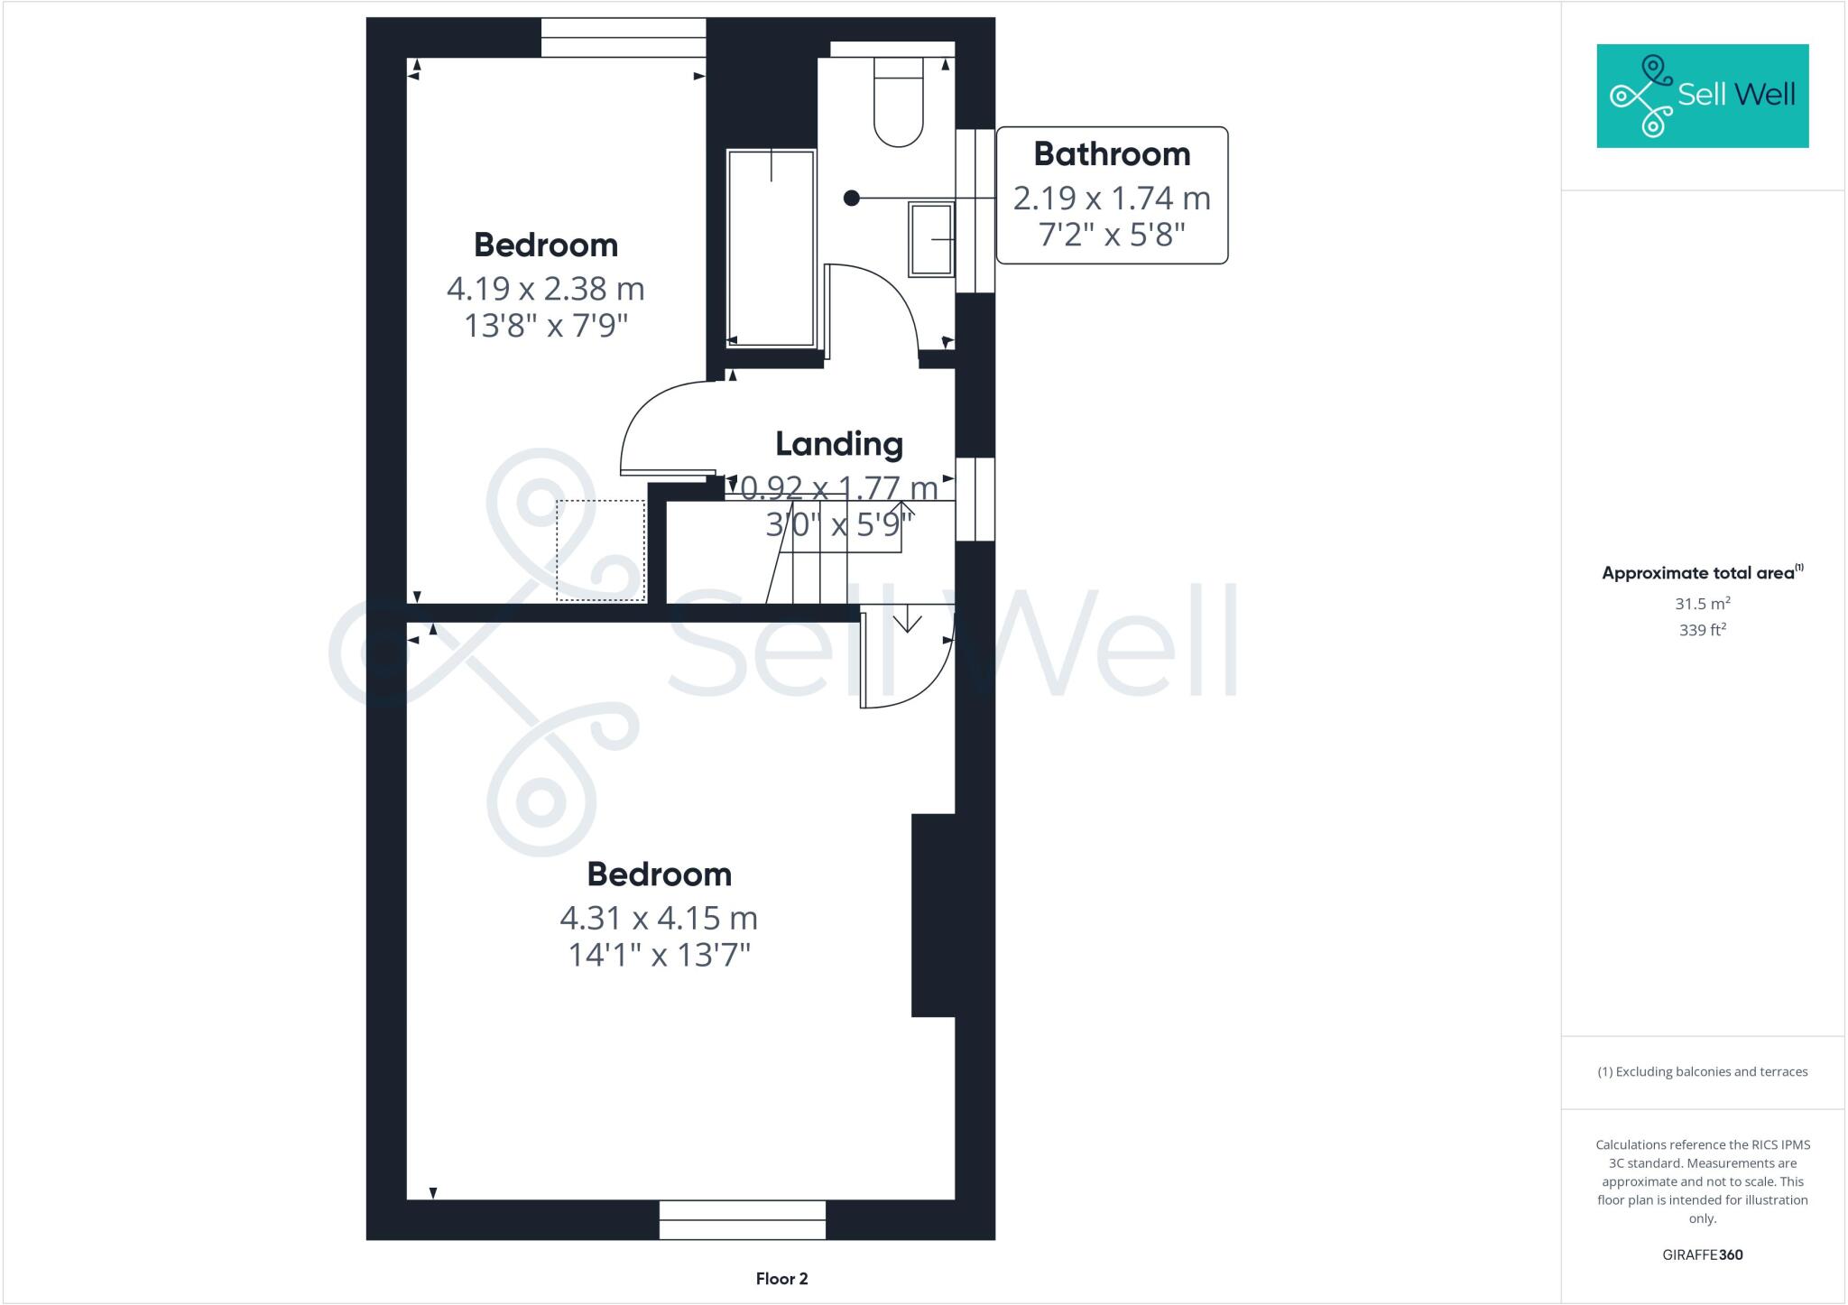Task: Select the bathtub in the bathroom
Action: click(x=771, y=248)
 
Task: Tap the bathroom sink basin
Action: click(x=931, y=239)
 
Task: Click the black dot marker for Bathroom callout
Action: click(x=851, y=199)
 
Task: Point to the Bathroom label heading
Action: click(x=1112, y=154)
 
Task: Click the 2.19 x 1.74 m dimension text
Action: click(x=1112, y=198)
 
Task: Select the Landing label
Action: click(x=839, y=444)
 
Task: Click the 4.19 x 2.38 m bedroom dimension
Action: click(x=545, y=289)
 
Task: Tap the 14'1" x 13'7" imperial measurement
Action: click(x=659, y=955)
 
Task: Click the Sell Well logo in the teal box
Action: click(x=1703, y=96)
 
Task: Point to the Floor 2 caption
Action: click(x=781, y=1279)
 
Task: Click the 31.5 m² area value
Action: click(x=1702, y=604)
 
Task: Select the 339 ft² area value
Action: click(x=1702, y=630)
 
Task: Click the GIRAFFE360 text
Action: click(x=1702, y=1254)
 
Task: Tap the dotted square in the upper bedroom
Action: click(x=600, y=551)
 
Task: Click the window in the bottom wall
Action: click(x=743, y=1219)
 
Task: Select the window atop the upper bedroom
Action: click(x=623, y=38)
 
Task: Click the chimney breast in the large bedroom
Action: click(x=933, y=915)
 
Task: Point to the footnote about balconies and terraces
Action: click(x=1702, y=1072)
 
